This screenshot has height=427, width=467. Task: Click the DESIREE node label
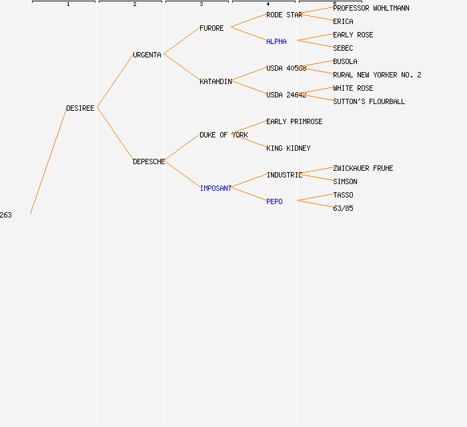pos(80,108)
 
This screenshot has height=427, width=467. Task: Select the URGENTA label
pos(147,55)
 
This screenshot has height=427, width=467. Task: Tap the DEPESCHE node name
pos(149,161)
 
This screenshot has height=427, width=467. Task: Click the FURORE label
pos(211,28)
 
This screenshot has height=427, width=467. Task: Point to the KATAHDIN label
pos(215,81)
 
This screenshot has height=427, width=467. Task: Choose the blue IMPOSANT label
pos(215,188)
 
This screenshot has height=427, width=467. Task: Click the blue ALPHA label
pos(276,41)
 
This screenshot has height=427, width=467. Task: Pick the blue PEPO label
pos(274,201)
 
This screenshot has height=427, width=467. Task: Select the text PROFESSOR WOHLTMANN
pos(371,8)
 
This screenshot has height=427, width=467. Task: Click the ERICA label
pos(343,21)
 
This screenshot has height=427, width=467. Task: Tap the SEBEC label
pos(343,48)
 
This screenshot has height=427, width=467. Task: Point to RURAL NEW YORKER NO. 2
pos(377,75)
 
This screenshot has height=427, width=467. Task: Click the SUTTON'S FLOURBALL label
pos(369,101)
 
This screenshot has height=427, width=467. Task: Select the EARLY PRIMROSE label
pos(294,121)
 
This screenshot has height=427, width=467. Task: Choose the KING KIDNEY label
pos(288,148)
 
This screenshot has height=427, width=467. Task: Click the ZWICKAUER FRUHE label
pos(363,168)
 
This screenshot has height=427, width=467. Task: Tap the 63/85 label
pos(343,208)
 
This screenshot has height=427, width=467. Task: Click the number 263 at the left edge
pos(5,215)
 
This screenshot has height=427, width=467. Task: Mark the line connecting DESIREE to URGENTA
pos(115,81)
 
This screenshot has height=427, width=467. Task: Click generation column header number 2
pos(135,4)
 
